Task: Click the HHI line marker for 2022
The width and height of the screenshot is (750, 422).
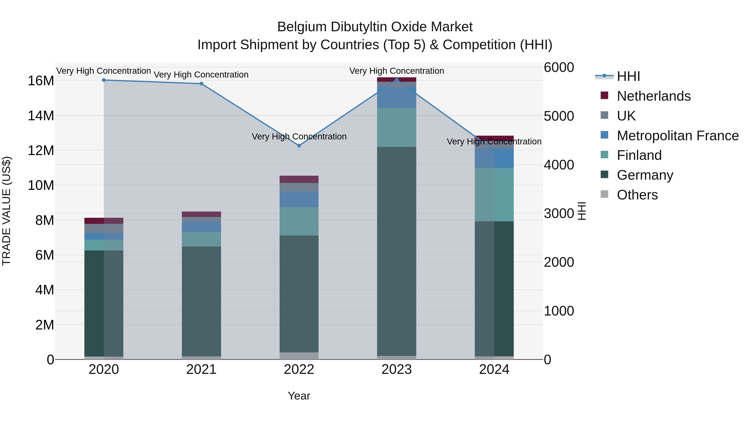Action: (x=299, y=146)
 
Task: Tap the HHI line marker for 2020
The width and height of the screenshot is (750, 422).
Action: (x=104, y=80)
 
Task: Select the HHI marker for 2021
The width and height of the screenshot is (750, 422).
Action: (x=201, y=84)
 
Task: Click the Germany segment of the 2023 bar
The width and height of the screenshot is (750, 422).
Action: (x=396, y=250)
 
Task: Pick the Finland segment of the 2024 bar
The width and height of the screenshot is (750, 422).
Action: (x=494, y=195)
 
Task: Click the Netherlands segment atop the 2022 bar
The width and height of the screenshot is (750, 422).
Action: (x=299, y=179)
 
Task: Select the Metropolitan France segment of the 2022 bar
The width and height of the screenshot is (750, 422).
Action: (x=299, y=199)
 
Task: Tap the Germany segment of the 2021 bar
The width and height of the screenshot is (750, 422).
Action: (x=201, y=301)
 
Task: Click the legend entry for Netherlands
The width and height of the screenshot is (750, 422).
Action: (x=653, y=96)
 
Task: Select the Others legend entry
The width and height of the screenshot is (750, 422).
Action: (x=637, y=195)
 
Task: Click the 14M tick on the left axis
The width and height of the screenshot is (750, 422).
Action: (x=41, y=116)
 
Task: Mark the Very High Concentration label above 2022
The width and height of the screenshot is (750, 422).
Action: (x=299, y=136)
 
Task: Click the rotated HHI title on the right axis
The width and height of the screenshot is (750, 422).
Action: (x=582, y=211)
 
